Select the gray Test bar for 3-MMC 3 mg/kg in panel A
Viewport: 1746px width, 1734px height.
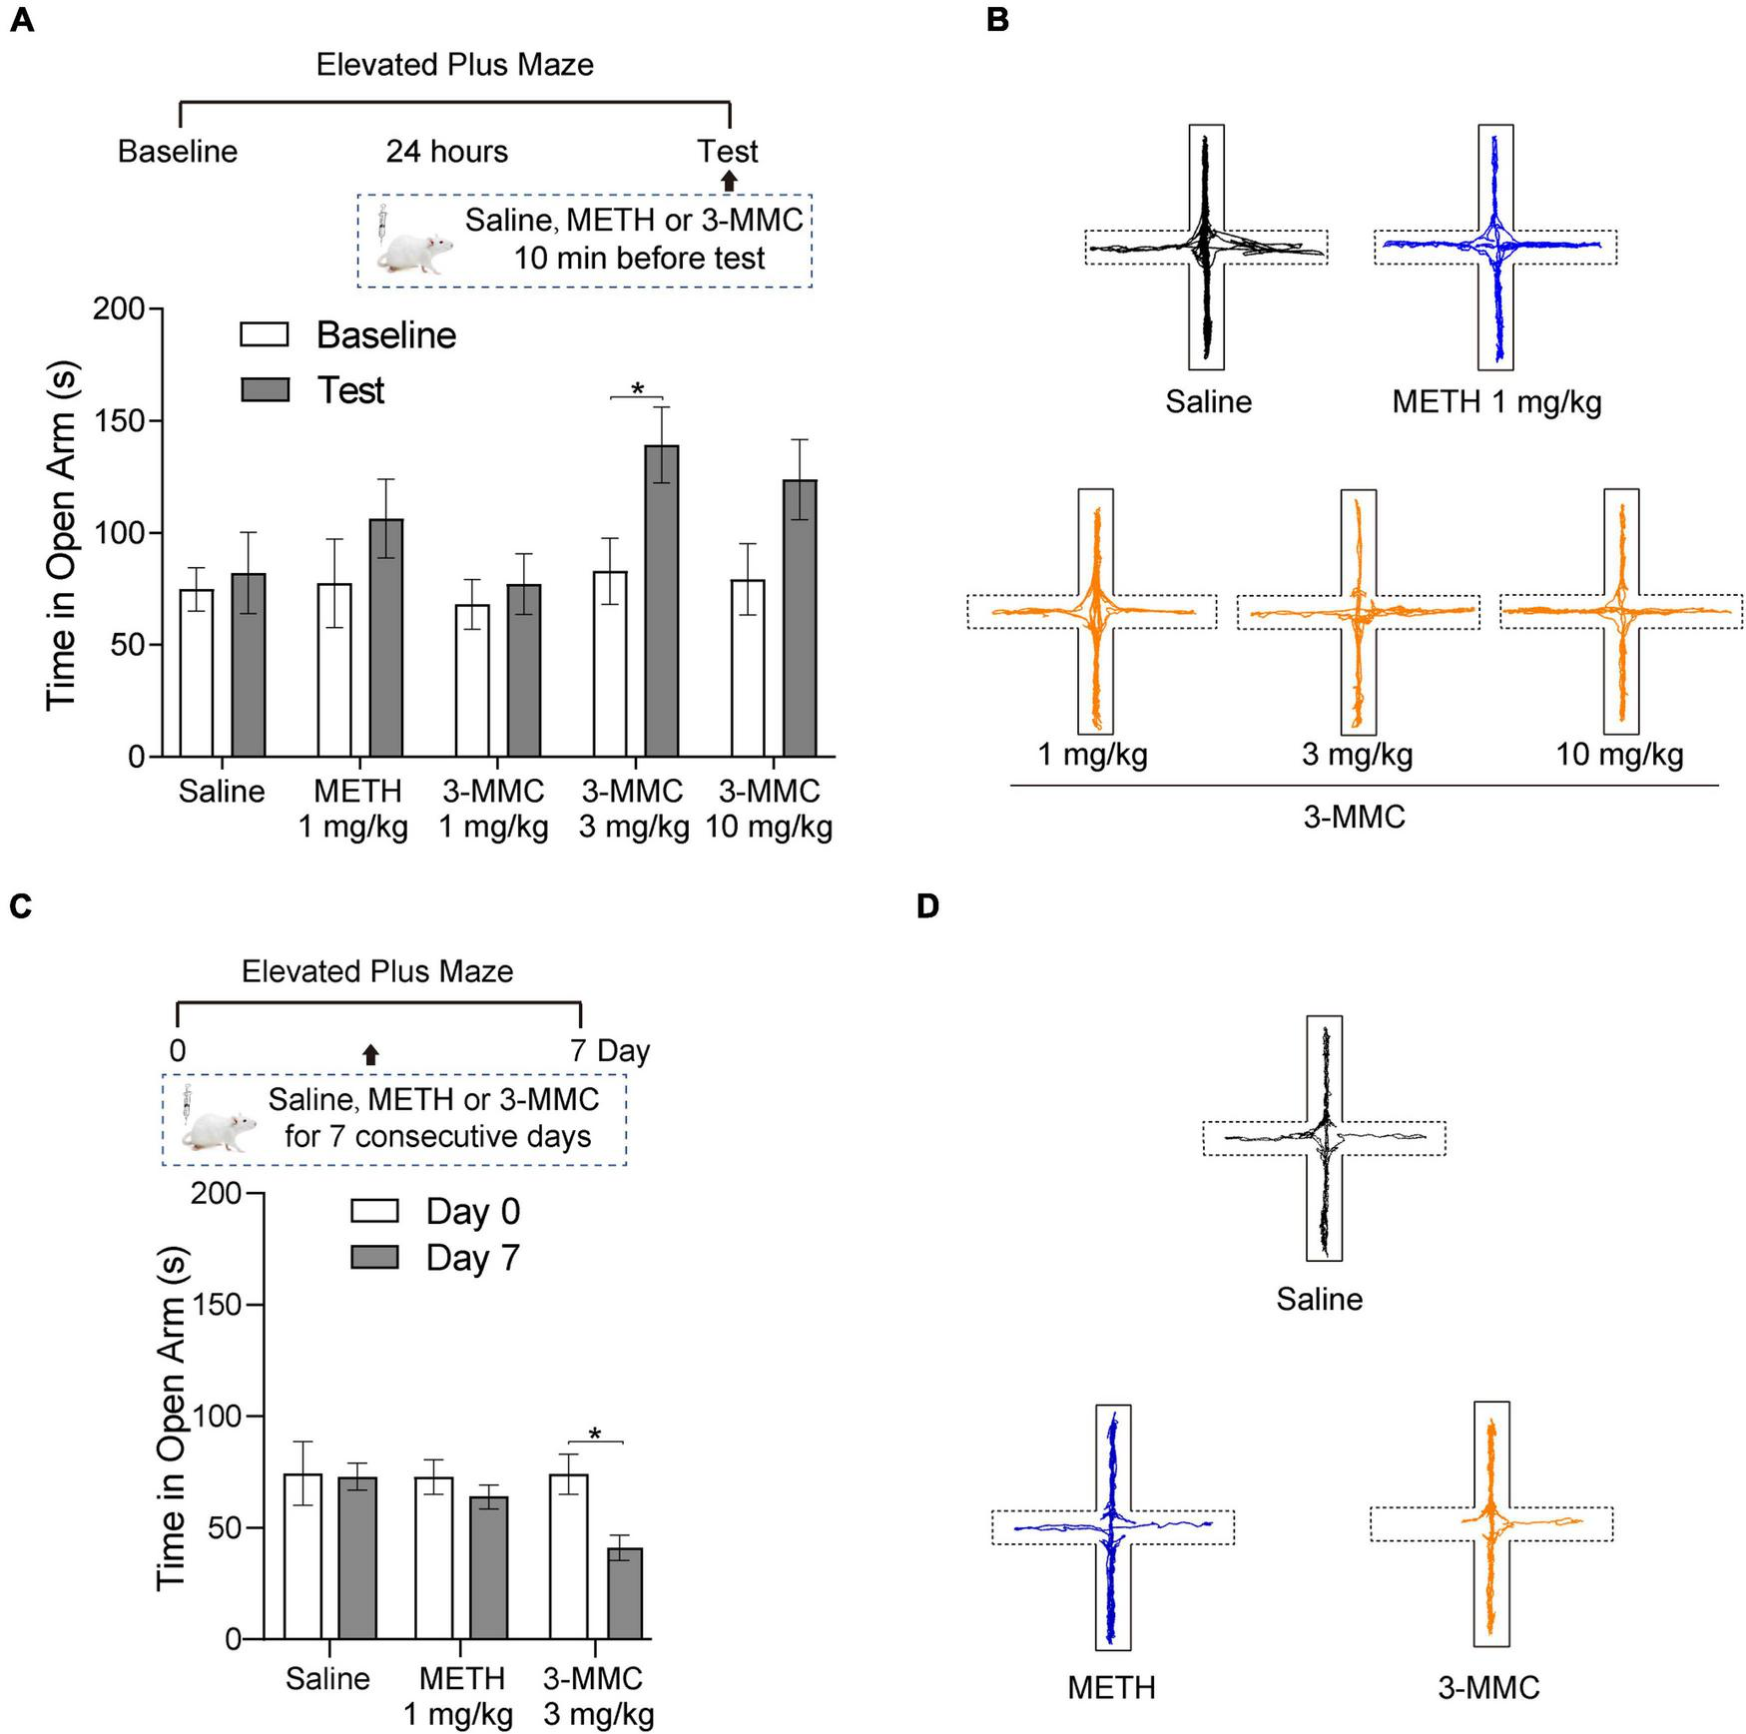(x=661, y=599)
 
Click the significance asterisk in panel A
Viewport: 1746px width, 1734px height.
(x=637, y=388)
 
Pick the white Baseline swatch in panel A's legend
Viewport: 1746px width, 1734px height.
(x=265, y=334)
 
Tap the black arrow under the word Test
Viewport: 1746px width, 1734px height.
(x=729, y=181)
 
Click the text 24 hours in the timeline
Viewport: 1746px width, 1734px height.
(x=446, y=152)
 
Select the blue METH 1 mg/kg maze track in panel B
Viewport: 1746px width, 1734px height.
(x=1495, y=246)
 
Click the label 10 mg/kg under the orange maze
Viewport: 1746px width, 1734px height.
(x=1619, y=754)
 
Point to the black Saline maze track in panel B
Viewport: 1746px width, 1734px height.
(x=1206, y=246)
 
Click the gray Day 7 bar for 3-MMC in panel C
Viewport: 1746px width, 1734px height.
(x=624, y=1593)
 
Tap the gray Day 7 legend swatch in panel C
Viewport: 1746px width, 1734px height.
(x=374, y=1257)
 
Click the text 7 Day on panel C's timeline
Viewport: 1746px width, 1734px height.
(x=610, y=1051)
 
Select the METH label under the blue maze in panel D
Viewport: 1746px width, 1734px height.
(x=1111, y=1687)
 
